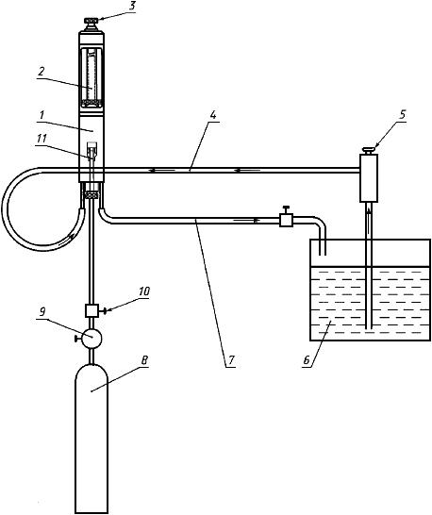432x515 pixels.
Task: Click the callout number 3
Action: pyautogui.click(x=132, y=7)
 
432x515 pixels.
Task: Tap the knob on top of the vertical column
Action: pyautogui.click(x=91, y=22)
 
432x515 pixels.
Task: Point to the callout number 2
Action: pyautogui.click(x=41, y=72)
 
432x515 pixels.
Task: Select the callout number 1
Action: pyautogui.click(x=42, y=115)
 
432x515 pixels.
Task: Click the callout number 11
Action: pyautogui.click(x=42, y=139)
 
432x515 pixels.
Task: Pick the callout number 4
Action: pyautogui.click(x=213, y=115)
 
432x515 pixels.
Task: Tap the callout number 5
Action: pyautogui.click(x=403, y=115)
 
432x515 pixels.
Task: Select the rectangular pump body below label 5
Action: pyautogui.click(x=369, y=178)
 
